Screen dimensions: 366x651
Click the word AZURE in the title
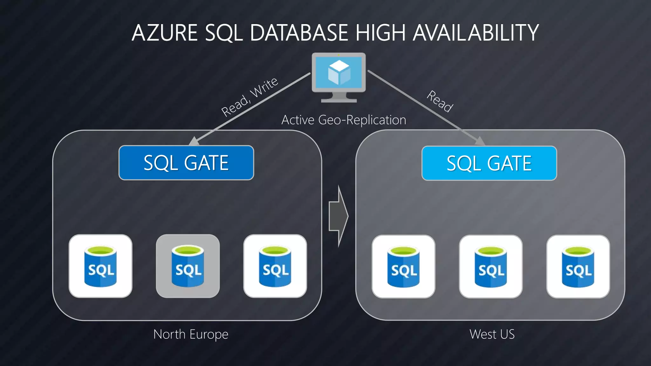coord(164,33)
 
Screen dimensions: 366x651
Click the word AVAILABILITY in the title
coord(476,33)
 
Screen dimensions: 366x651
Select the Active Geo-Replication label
coord(344,120)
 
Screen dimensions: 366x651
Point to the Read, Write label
coord(250,97)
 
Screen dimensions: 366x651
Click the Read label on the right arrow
coord(440,101)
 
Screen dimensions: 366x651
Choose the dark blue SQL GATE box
coord(186,163)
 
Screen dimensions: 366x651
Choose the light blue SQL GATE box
coord(489,163)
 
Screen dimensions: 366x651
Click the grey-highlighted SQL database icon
coord(188,266)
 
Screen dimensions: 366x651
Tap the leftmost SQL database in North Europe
coord(100,266)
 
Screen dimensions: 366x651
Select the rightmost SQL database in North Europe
coord(275,266)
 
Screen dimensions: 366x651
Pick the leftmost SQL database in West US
coord(403,267)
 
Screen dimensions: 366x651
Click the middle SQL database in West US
coord(491,267)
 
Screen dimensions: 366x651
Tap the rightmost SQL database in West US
coord(578,267)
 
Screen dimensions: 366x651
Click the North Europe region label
coord(191,334)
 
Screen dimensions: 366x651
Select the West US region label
coord(492,334)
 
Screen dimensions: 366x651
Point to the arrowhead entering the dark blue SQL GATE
coord(194,141)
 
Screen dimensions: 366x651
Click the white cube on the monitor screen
coord(339,72)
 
